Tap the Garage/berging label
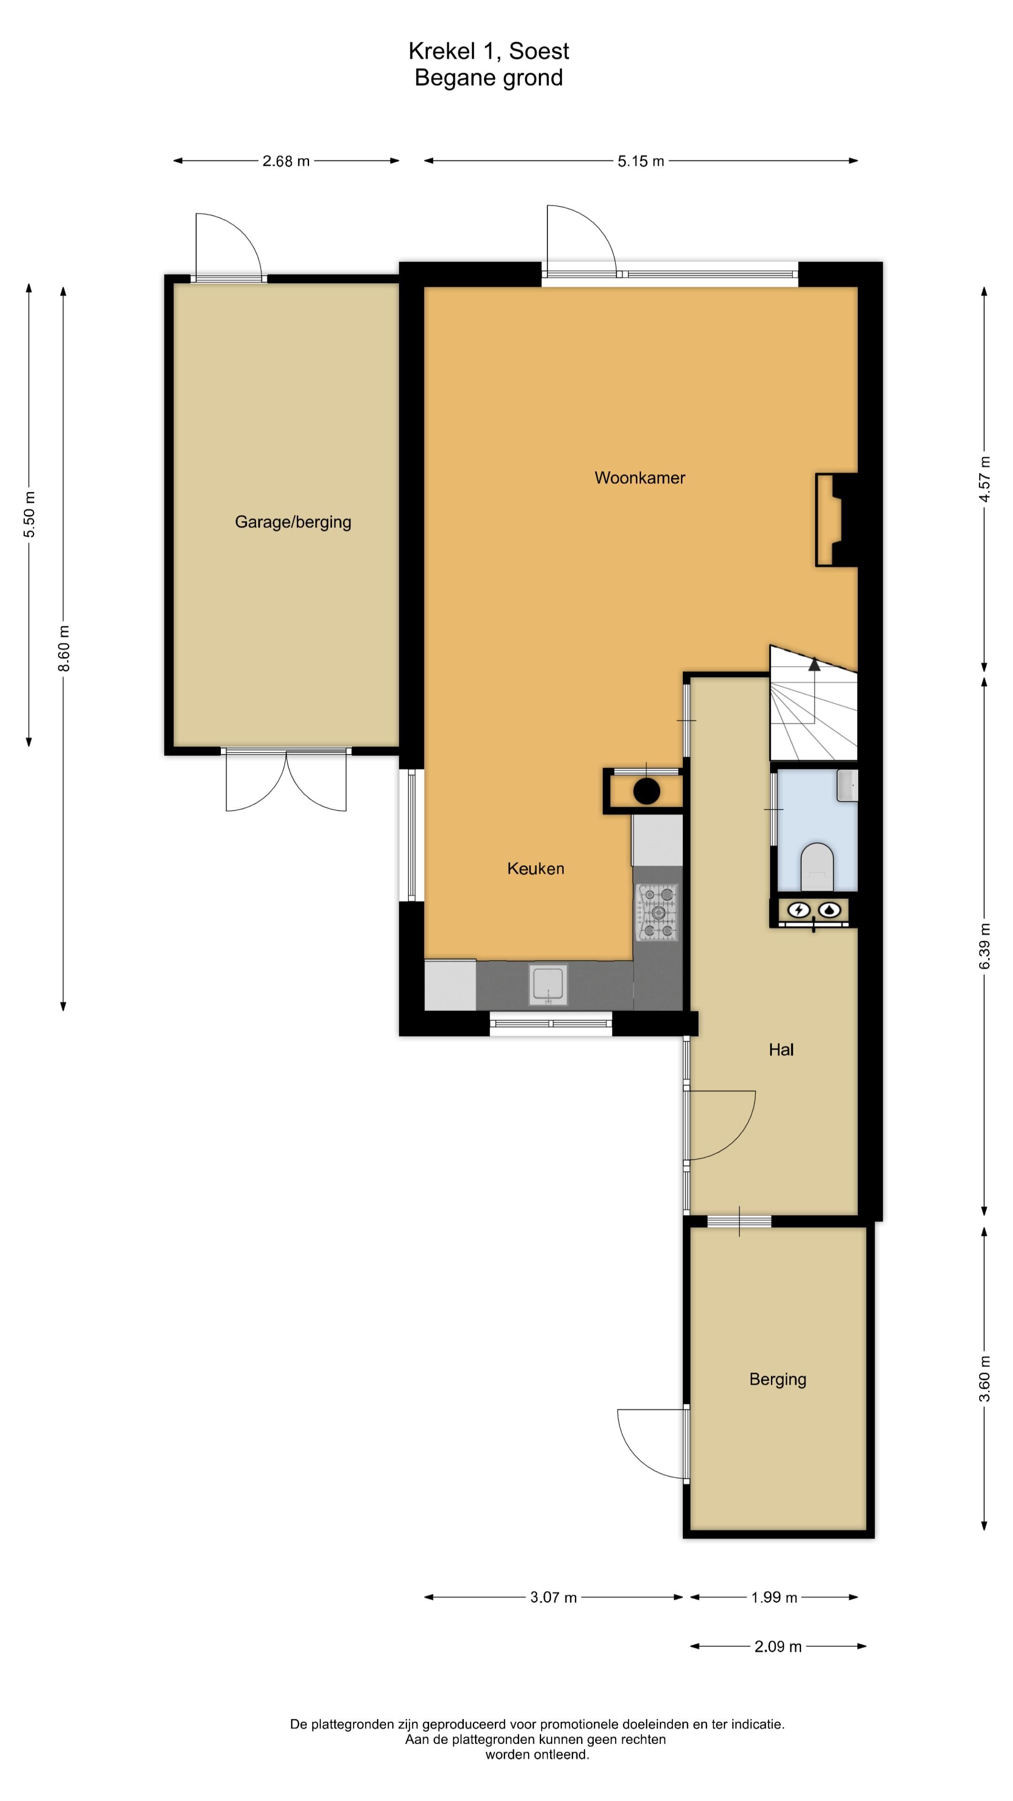tap(293, 522)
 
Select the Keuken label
tap(536, 868)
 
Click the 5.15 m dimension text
tap(640, 161)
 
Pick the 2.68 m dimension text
tap(286, 161)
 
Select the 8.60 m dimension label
tap(64, 648)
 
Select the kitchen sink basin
tap(548, 984)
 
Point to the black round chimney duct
tap(647, 791)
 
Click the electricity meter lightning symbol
tap(798, 909)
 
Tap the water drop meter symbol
tap(830, 909)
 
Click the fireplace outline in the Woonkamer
tap(829, 520)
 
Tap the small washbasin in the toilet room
tap(847, 785)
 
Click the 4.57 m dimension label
tap(984, 479)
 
